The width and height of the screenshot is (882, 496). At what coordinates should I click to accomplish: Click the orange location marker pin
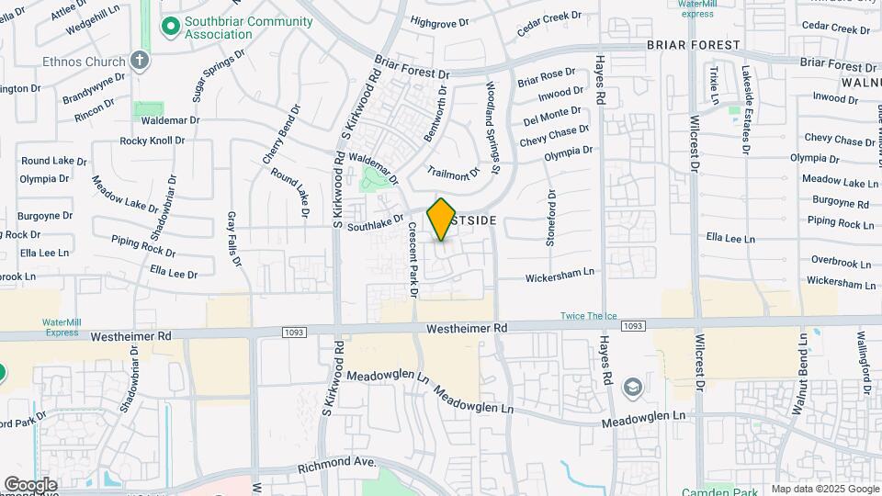pyautogui.click(x=441, y=220)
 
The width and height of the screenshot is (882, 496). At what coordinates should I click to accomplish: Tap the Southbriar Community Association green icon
pyautogui.click(x=169, y=27)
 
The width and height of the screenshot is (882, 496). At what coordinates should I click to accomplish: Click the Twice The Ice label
pyautogui.click(x=589, y=317)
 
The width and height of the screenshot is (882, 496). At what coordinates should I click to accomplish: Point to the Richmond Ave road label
pyautogui.click(x=337, y=467)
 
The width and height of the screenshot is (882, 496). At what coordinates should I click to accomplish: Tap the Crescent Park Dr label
pyautogui.click(x=413, y=263)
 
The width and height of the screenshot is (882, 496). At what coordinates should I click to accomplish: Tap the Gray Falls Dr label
pyautogui.click(x=233, y=240)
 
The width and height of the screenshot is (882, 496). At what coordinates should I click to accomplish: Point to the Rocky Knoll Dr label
pyautogui.click(x=153, y=141)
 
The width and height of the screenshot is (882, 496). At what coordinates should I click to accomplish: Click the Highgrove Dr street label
pyautogui.click(x=446, y=20)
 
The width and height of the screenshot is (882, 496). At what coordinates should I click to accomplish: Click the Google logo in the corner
pyautogui.click(x=30, y=484)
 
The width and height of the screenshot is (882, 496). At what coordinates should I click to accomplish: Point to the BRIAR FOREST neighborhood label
pyautogui.click(x=693, y=44)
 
